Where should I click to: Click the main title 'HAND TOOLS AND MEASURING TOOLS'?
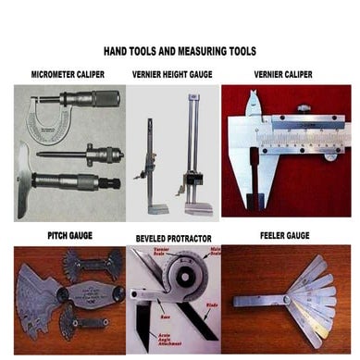(180, 52)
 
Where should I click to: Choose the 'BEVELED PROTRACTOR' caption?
(173, 238)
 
